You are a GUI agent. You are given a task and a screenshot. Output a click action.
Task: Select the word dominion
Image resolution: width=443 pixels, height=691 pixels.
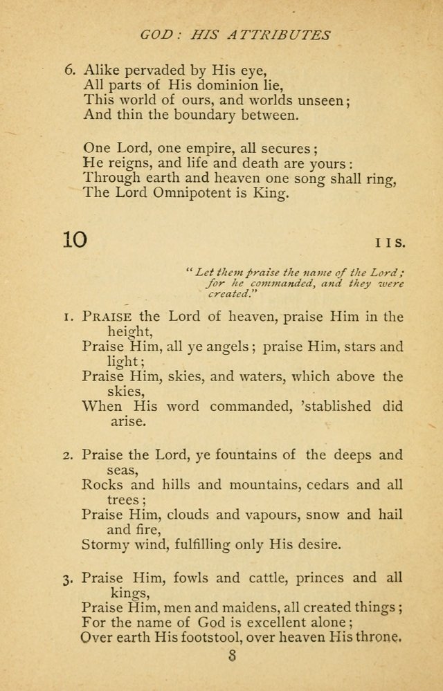[x=208, y=84]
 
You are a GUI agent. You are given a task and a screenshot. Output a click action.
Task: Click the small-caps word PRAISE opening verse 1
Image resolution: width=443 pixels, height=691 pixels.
[x=104, y=317]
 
